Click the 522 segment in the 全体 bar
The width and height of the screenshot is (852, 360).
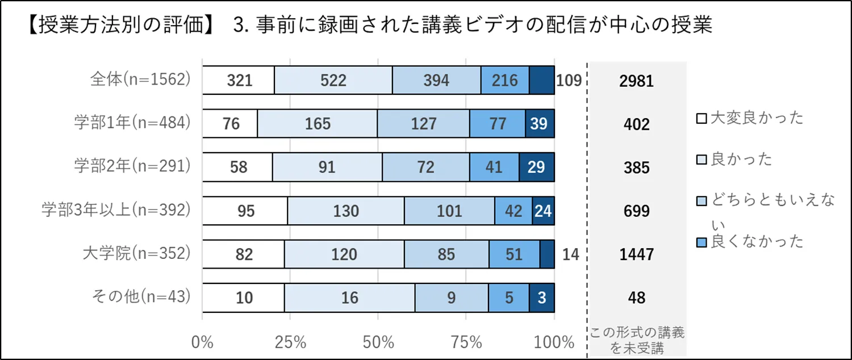pos(333,80)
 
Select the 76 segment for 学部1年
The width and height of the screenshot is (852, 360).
pos(231,123)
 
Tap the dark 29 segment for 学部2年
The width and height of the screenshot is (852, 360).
pos(536,167)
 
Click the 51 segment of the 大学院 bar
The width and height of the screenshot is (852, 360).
pos(513,254)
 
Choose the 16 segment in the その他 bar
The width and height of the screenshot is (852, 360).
pos(349,297)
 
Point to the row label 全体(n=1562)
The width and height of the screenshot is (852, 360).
pos(139,80)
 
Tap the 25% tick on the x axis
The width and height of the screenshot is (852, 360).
pos(291,342)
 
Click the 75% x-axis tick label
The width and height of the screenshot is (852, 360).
pos(466,342)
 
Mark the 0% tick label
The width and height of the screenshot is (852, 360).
pos(203,342)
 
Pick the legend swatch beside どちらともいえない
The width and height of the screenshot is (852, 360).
pos(701,200)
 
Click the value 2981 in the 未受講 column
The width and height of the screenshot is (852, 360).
pos(636,81)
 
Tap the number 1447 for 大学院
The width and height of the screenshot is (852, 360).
pos(636,254)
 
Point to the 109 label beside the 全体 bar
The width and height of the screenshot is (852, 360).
pos(569,81)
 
